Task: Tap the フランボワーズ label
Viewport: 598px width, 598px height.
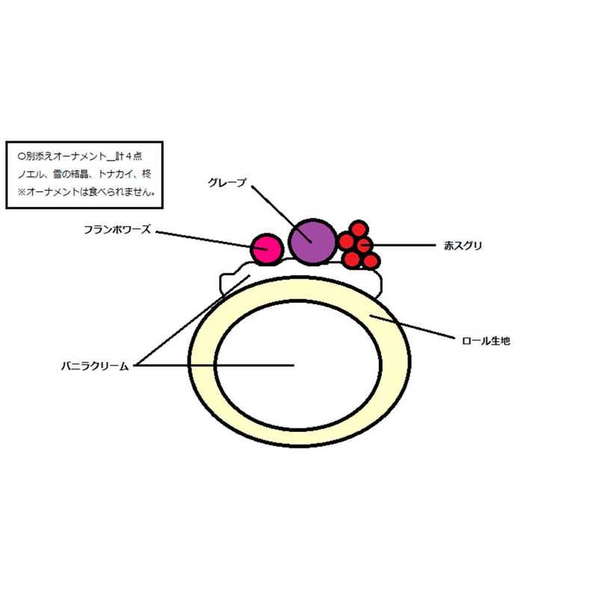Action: pyautogui.click(x=117, y=230)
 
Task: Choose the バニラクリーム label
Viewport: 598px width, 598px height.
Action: pyautogui.click(x=97, y=366)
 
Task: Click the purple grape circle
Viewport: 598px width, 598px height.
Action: pyautogui.click(x=312, y=241)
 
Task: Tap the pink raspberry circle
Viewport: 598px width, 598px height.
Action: pyautogui.click(x=266, y=250)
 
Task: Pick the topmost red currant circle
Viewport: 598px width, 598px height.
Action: pyautogui.click(x=360, y=228)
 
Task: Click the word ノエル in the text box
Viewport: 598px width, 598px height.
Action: pyautogui.click(x=30, y=174)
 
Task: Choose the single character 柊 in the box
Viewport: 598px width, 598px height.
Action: pyautogui.click(x=146, y=174)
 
